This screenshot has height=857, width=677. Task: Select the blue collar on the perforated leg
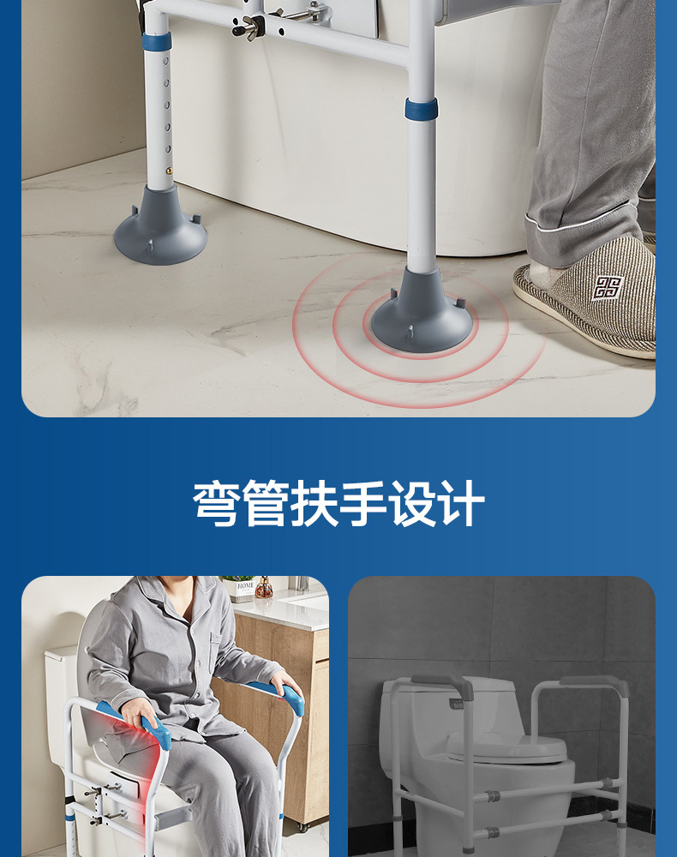(156, 41)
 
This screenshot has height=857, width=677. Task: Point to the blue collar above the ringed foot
(421, 109)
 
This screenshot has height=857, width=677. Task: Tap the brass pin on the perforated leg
(170, 171)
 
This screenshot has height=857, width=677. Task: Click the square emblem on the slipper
(607, 287)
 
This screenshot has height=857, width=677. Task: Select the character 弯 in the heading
(216, 503)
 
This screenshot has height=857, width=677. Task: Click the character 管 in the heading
(265, 503)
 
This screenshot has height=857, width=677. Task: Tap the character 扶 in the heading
(314, 503)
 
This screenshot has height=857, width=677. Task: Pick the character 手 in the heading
(362, 503)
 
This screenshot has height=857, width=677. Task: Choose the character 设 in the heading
(411, 503)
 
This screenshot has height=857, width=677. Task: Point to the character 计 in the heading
(461, 503)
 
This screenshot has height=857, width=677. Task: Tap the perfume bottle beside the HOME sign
(264, 587)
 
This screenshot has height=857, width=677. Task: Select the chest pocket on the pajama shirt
(219, 651)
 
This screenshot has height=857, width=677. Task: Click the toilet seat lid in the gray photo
(506, 747)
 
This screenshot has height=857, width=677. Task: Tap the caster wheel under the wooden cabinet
(303, 826)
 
